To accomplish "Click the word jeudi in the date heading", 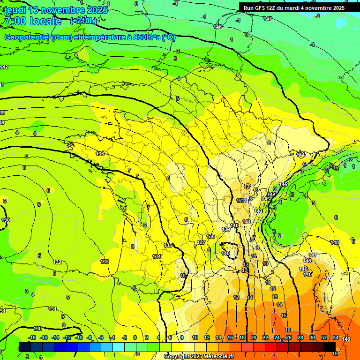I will [15, 10].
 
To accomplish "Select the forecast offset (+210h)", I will [83, 21].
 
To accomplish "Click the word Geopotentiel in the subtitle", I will [27, 37].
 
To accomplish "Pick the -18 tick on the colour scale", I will [32, 337].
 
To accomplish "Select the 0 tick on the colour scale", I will [135, 337].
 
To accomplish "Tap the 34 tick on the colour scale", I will [336, 337].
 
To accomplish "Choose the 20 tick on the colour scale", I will [254, 337].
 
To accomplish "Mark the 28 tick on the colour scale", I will [300, 337].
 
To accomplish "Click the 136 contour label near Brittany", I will [100, 154].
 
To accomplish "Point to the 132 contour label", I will [57, 262].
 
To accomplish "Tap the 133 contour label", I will [105, 262].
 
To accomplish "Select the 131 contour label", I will [52, 309].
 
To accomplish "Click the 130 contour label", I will [37, 329].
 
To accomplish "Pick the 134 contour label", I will [157, 256].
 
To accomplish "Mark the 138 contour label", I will [211, 236].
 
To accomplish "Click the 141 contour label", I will [247, 222].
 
